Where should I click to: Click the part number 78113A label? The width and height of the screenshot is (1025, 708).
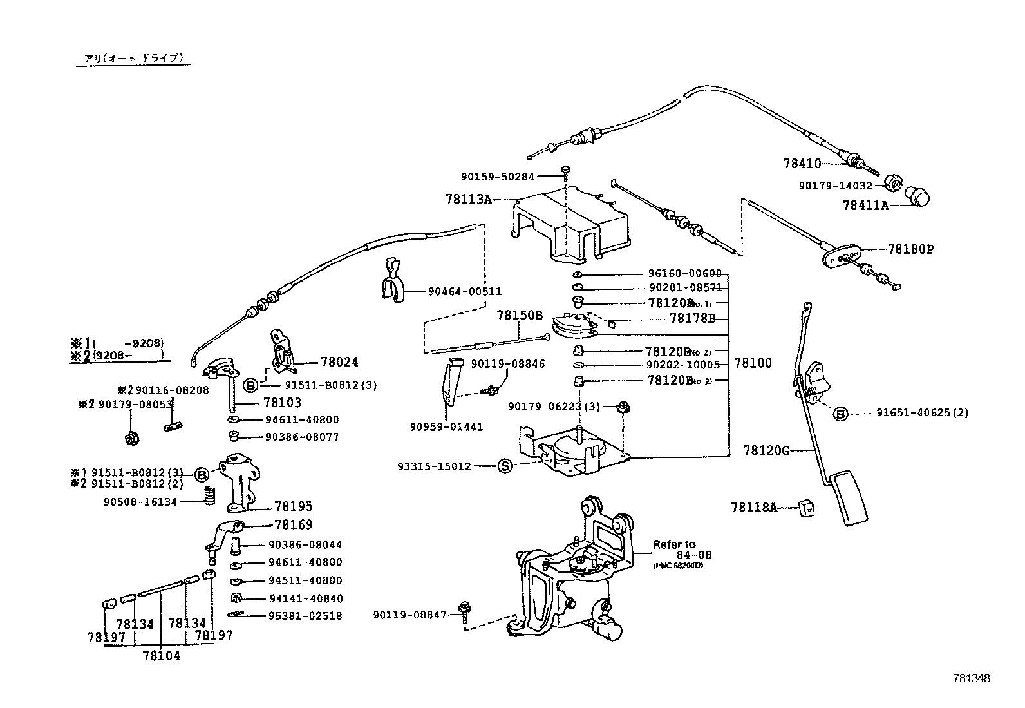[x=467, y=199]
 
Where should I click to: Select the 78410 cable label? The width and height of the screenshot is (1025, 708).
[x=802, y=164]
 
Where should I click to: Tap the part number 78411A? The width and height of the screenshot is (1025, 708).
[x=865, y=206]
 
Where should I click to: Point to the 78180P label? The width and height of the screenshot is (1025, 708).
[x=910, y=249]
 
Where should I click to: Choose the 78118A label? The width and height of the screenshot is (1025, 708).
[x=753, y=507]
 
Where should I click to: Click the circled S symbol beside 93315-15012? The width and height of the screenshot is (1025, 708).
[x=505, y=465]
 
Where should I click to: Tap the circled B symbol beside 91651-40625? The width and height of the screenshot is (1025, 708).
[x=841, y=413]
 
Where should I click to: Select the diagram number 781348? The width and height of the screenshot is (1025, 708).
[x=972, y=678]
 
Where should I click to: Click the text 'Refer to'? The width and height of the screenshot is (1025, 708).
[x=674, y=544]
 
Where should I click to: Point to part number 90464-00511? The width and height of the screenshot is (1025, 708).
[x=465, y=291]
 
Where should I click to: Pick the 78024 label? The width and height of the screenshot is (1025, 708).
[x=338, y=363]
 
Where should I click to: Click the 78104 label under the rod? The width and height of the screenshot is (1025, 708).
[x=161, y=656]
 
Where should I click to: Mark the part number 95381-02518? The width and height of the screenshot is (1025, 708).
[x=305, y=616]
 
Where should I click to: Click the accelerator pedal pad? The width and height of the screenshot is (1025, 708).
[x=851, y=499]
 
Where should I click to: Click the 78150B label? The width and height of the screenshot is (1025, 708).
[x=520, y=316]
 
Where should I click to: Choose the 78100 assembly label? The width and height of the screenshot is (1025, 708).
[x=753, y=363]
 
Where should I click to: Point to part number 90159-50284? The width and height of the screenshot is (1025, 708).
[x=498, y=176]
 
